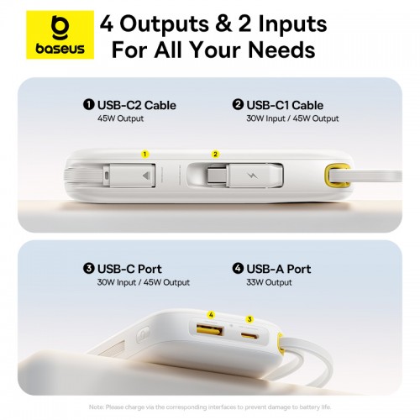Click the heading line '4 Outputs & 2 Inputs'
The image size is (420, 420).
(x=207, y=23)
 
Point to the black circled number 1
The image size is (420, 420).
(x=88, y=105)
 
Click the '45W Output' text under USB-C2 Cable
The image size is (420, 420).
(x=121, y=118)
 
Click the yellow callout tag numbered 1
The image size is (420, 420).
(x=144, y=154)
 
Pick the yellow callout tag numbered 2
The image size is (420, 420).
(x=215, y=154)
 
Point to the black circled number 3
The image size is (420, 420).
(x=88, y=269)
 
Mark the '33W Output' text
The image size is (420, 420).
(x=268, y=282)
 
